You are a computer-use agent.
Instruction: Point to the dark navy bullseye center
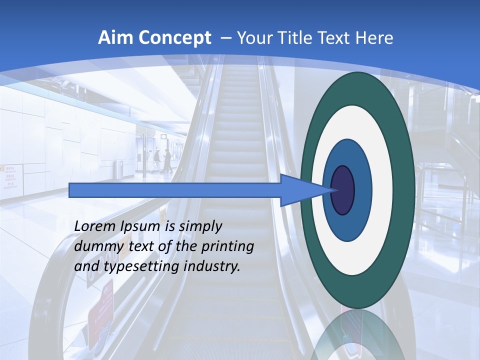[x=342, y=190]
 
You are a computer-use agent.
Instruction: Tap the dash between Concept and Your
[x=225, y=38]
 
